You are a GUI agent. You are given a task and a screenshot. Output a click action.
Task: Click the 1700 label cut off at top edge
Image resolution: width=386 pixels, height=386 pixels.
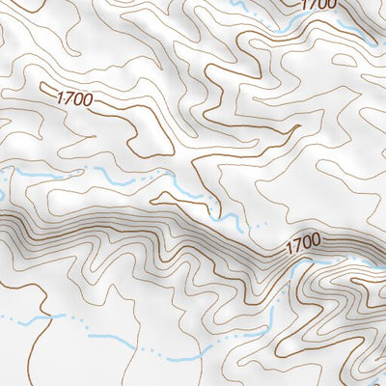(319, 5)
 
